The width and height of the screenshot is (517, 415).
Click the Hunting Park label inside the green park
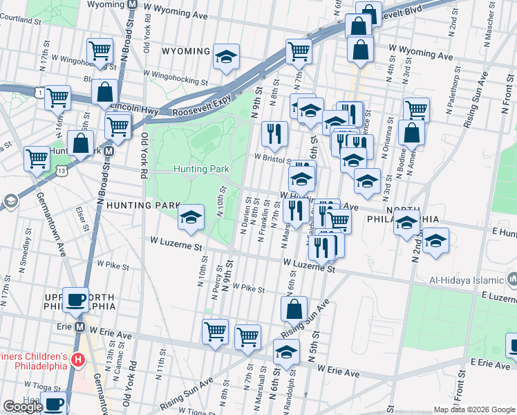point(201,169)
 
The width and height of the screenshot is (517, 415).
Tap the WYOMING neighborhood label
point(185,52)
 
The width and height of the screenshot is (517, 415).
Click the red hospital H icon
point(78,360)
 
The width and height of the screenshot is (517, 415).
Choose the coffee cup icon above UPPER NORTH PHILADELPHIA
point(75,300)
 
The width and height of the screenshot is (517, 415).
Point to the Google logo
point(23,407)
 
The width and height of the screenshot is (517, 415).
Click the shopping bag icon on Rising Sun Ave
point(294,309)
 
